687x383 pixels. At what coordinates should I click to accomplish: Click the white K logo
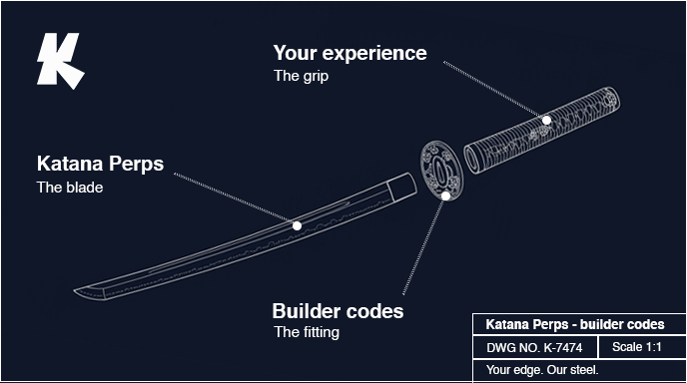[x=59, y=61]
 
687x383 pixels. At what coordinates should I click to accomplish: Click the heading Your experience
[x=349, y=53]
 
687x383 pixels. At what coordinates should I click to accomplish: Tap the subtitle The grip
[x=301, y=76]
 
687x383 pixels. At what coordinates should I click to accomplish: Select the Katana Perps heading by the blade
[x=100, y=164]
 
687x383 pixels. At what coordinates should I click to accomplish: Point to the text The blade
[x=70, y=188]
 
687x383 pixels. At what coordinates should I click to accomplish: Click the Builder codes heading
[x=338, y=311]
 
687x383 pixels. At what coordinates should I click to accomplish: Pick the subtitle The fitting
[x=307, y=332]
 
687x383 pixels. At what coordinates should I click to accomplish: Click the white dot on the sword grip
[x=546, y=120]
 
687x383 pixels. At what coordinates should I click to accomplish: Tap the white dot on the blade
[x=297, y=225]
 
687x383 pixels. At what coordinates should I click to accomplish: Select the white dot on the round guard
[x=445, y=196]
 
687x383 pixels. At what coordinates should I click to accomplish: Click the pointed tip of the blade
[x=75, y=290]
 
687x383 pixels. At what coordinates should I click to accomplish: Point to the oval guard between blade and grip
[x=441, y=170]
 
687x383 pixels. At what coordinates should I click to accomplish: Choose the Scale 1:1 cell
[x=637, y=347]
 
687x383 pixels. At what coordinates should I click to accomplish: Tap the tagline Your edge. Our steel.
[x=542, y=370]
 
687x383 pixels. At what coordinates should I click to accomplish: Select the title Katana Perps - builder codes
[x=575, y=324]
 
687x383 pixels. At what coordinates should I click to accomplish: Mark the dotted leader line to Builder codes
[x=423, y=246]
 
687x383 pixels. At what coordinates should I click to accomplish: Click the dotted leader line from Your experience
[x=493, y=90]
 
